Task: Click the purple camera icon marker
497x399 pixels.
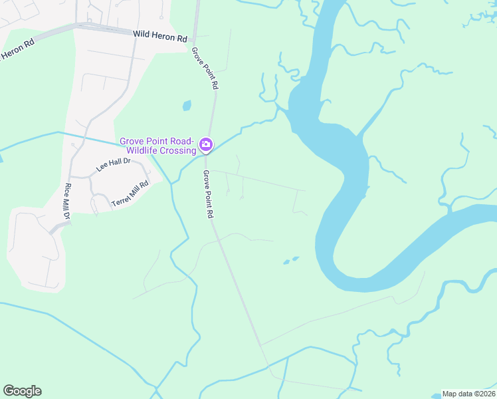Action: pyautogui.click(x=206, y=144)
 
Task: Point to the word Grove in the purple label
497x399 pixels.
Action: pyautogui.click(x=132, y=141)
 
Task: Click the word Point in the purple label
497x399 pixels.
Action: pyautogui.click(x=157, y=141)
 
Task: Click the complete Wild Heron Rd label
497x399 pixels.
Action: pyautogui.click(x=159, y=39)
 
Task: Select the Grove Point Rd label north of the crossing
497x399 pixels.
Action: pyautogui.click(x=205, y=68)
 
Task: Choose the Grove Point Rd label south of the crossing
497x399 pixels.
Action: pyautogui.click(x=208, y=194)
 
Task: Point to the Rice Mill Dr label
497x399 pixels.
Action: pyautogui.click(x=67, y=202)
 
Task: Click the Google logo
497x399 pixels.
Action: pyautogui.click(x=22, y=391)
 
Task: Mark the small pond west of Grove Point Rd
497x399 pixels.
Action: pyautogui.click(x=187, y=105)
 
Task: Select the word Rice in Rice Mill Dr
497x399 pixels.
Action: pyautogui.click(x=67, y=190)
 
